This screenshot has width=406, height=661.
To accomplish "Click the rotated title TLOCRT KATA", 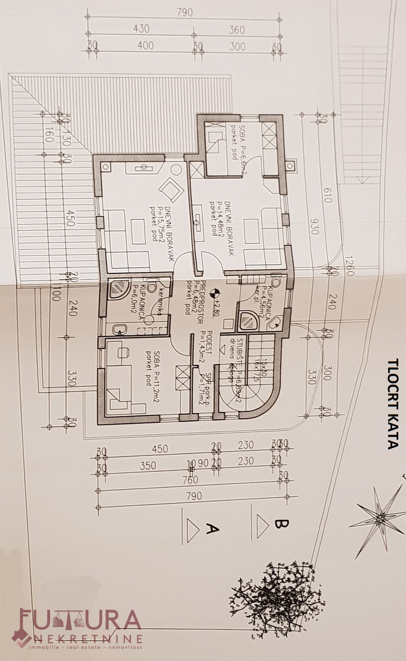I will pyautogui.click(x=392, y=404).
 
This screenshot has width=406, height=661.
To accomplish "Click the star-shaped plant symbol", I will pyautogui.click(x=378, y=518).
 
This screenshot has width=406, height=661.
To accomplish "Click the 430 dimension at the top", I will pyautogui.click(x=141, y=29).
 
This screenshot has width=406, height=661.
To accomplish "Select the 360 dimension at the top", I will pyautogui.click(x=236, y=29).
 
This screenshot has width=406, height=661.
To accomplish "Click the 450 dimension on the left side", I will pyautogui.click(x=70, y=222).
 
